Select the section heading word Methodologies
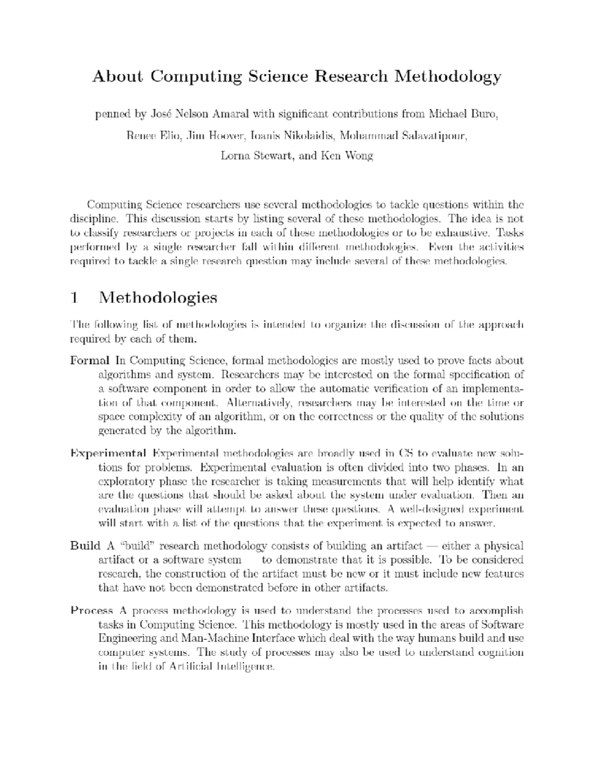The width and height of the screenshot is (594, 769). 158,298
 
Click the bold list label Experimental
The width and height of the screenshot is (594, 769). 108,453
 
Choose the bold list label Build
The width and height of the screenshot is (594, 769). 85,546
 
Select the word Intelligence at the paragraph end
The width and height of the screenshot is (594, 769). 246,666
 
